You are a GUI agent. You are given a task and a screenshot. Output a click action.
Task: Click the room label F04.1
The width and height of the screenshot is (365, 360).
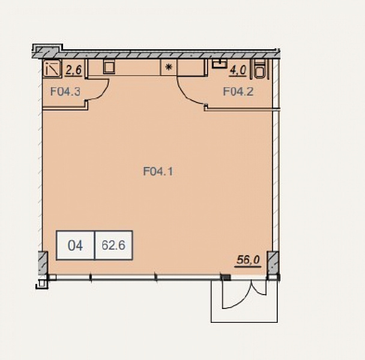click(158, 172)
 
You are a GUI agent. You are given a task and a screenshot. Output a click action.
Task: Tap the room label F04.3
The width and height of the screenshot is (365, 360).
click(65, 91)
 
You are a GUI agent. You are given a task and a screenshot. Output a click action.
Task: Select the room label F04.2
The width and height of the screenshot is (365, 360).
click(238, 91)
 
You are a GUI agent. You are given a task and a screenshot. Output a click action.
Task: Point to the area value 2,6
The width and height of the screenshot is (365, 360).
click(74, 70)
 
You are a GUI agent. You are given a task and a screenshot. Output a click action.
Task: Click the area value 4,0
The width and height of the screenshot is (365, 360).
click(238, 70)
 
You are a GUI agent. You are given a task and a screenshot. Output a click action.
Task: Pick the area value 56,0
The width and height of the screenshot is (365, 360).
click(248, 260)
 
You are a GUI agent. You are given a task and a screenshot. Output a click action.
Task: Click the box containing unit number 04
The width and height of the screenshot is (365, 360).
click(76, 245)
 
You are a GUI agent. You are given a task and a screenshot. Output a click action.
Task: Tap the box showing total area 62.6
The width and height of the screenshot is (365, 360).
click(113, 245)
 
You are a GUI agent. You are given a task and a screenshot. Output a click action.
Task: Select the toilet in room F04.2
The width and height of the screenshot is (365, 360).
click(259, 69)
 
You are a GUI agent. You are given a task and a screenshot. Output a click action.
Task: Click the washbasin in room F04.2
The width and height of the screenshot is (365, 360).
click(220, 64)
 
